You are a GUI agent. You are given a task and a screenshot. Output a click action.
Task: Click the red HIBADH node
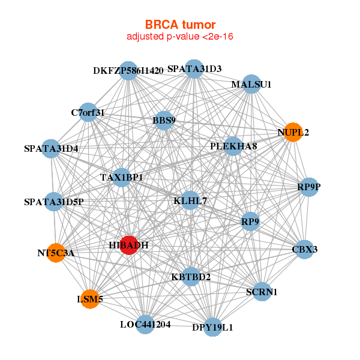129,245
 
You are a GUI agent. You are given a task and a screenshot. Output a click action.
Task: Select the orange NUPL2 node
293,132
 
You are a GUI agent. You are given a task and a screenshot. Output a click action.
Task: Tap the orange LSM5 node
90,299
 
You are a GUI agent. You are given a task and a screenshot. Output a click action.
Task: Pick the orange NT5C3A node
56,253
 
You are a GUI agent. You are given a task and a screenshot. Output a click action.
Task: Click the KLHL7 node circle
190,200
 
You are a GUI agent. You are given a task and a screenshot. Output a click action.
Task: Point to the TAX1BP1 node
121,177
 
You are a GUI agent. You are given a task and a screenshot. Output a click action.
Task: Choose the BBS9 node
164,121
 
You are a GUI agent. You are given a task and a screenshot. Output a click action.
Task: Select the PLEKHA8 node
233,146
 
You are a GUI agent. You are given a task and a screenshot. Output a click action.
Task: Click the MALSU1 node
251,85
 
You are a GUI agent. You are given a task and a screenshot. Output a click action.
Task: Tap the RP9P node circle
309,187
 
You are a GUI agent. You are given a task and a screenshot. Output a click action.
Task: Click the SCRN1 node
262,292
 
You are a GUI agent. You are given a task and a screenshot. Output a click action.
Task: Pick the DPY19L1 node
212,327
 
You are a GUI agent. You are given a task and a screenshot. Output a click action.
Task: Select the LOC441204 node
145,325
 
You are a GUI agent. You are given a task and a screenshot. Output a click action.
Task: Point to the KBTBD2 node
191,277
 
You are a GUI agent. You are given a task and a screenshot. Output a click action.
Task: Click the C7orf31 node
88,112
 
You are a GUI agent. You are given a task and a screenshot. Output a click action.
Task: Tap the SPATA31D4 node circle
51,148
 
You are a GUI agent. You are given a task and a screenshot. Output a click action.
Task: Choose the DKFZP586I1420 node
128,70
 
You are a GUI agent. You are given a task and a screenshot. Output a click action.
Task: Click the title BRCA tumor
180,25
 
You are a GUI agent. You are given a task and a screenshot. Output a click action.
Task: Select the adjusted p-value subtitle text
180,37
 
